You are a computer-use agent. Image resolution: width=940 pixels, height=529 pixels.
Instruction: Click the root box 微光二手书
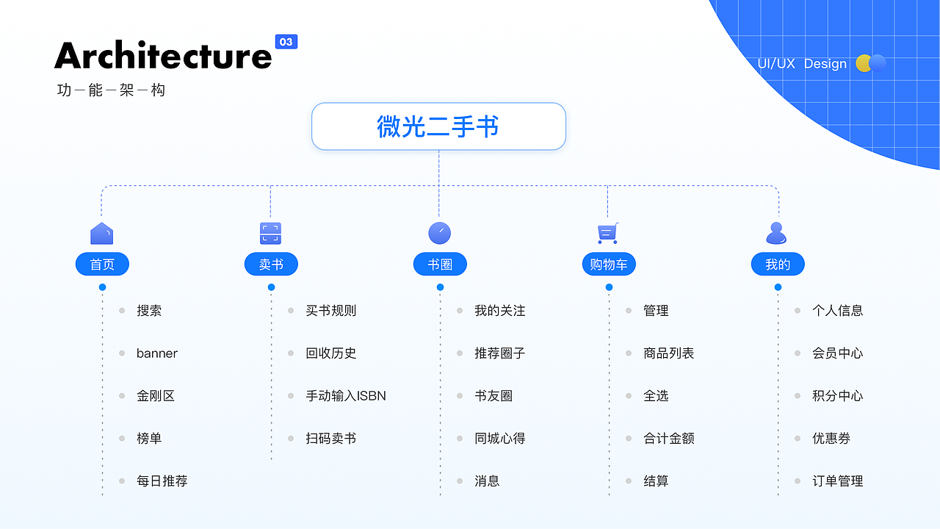click(438, 126)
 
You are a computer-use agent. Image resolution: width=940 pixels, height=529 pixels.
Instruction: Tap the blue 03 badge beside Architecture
click(286, 42)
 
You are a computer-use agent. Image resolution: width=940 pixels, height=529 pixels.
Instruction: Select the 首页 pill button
click(102, 264)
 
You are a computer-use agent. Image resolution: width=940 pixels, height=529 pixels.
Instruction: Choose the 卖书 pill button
click(271, 264)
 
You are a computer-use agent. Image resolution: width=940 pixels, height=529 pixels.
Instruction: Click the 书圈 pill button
click(440, 264)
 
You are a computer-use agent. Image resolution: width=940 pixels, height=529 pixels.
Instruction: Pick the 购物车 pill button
click(608, 264)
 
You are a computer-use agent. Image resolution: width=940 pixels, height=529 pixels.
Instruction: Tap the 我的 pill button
click(778, 264)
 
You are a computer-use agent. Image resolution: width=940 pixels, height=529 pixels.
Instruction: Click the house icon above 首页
click(102, 233)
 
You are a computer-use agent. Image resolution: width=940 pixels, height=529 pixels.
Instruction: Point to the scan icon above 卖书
click(271, 233)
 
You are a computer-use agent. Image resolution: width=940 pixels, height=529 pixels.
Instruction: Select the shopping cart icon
click(607, 233)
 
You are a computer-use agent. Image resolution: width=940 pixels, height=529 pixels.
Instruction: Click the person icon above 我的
click(776, 233)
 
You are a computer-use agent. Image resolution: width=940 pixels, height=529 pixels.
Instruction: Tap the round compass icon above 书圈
click(439, 233)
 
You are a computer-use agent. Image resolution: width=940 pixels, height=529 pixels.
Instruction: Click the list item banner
click(156, 353)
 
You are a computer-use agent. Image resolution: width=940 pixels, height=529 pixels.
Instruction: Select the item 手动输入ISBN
click(345, 396)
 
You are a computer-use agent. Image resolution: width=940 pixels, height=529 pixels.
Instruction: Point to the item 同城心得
click(499, 439)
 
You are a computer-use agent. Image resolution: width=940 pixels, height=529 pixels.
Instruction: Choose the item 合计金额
click(668, 439)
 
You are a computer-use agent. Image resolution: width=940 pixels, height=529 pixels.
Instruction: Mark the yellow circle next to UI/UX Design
click(864, 63)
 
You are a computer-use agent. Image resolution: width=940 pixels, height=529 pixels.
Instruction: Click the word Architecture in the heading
click(163, 56)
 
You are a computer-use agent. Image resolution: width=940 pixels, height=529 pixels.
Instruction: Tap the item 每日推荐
click(162, 481)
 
